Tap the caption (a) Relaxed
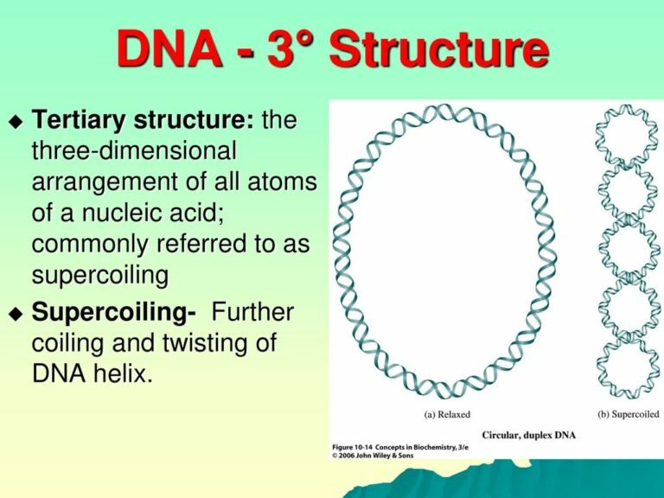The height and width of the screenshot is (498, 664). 447,414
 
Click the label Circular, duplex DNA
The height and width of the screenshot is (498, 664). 529,434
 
